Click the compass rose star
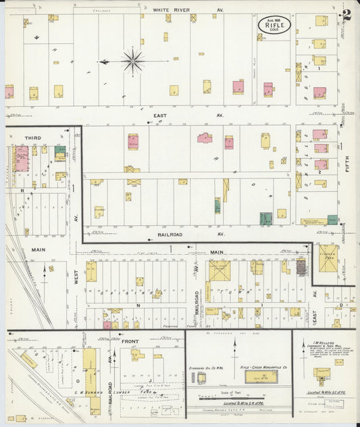click(133, 61)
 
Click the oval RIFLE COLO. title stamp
click(274, 24)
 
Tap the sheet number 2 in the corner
click(346, 14)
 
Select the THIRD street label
click(33, 138)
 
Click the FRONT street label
click(130, 341)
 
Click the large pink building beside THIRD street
click(22, 160)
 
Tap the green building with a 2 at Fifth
click(332, 220)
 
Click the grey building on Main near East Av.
click(301, 268)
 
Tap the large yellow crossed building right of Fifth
click(328, 257)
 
